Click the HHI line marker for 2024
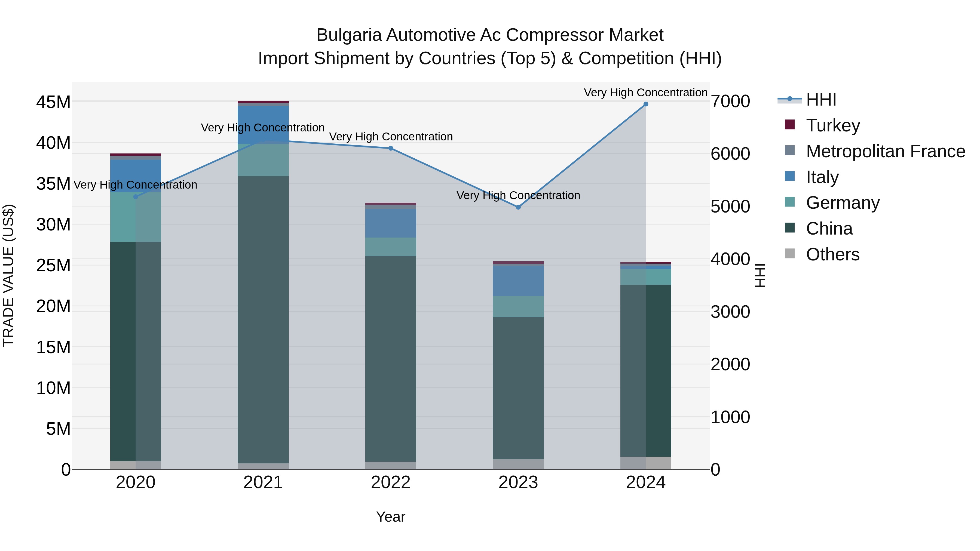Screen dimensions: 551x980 pos(646,104)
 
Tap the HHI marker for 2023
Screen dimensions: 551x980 pos(518,207)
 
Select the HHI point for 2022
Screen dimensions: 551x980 pos(391,148)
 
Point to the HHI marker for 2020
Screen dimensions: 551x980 pos(136,197)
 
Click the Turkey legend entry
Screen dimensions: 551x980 pos(832,125)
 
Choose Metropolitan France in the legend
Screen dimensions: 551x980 pos(885,151)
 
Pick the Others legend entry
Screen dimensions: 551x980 pos(832,254)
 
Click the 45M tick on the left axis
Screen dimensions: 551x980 pos(53,102)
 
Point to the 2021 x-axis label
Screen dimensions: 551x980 pos(263,482)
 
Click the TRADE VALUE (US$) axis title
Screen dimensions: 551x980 pos(9,275)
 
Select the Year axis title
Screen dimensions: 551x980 pos(391,517)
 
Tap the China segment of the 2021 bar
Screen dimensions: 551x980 pos(263,319)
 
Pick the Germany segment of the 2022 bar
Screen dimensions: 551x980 pos(391,247)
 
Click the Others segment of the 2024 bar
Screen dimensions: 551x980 pos(646,463)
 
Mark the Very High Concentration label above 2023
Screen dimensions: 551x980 pos(518,195)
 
